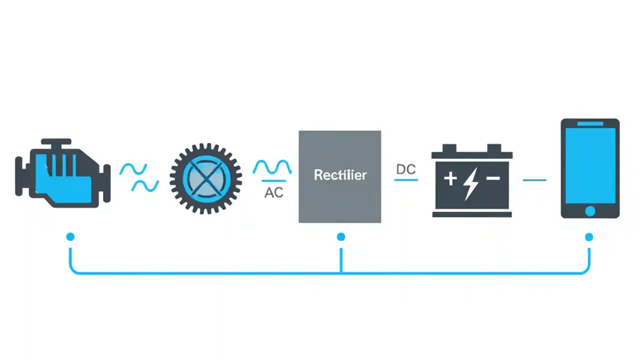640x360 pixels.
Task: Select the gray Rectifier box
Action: (x=339, y=200)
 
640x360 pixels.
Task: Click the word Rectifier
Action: (x=340, y=175)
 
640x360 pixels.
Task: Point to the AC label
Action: (x=273, y=192)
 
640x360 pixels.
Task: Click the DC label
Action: (x=406, y=169)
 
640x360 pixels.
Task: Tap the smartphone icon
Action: (x=590, y=168)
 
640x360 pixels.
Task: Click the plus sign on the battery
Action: (x=450, y=178)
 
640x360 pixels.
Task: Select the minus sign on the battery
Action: (x=493, y=178)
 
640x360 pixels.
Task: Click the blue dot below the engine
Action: (x=70, y=236)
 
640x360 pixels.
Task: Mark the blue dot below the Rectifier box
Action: (x=340, y=236)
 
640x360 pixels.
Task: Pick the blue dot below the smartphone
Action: (x=589, y=236)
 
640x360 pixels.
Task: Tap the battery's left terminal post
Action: (x=449, y=148)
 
